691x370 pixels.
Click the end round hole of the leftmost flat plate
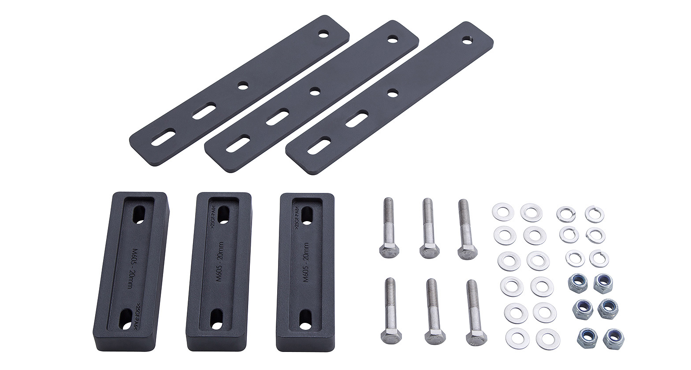(324, 33)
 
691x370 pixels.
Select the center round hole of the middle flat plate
(314, 92)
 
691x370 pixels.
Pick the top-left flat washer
(503, 212)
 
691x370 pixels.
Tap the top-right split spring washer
(594, 215)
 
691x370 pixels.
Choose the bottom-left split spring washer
(575, 258)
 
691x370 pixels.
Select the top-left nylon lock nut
(578, 281)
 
